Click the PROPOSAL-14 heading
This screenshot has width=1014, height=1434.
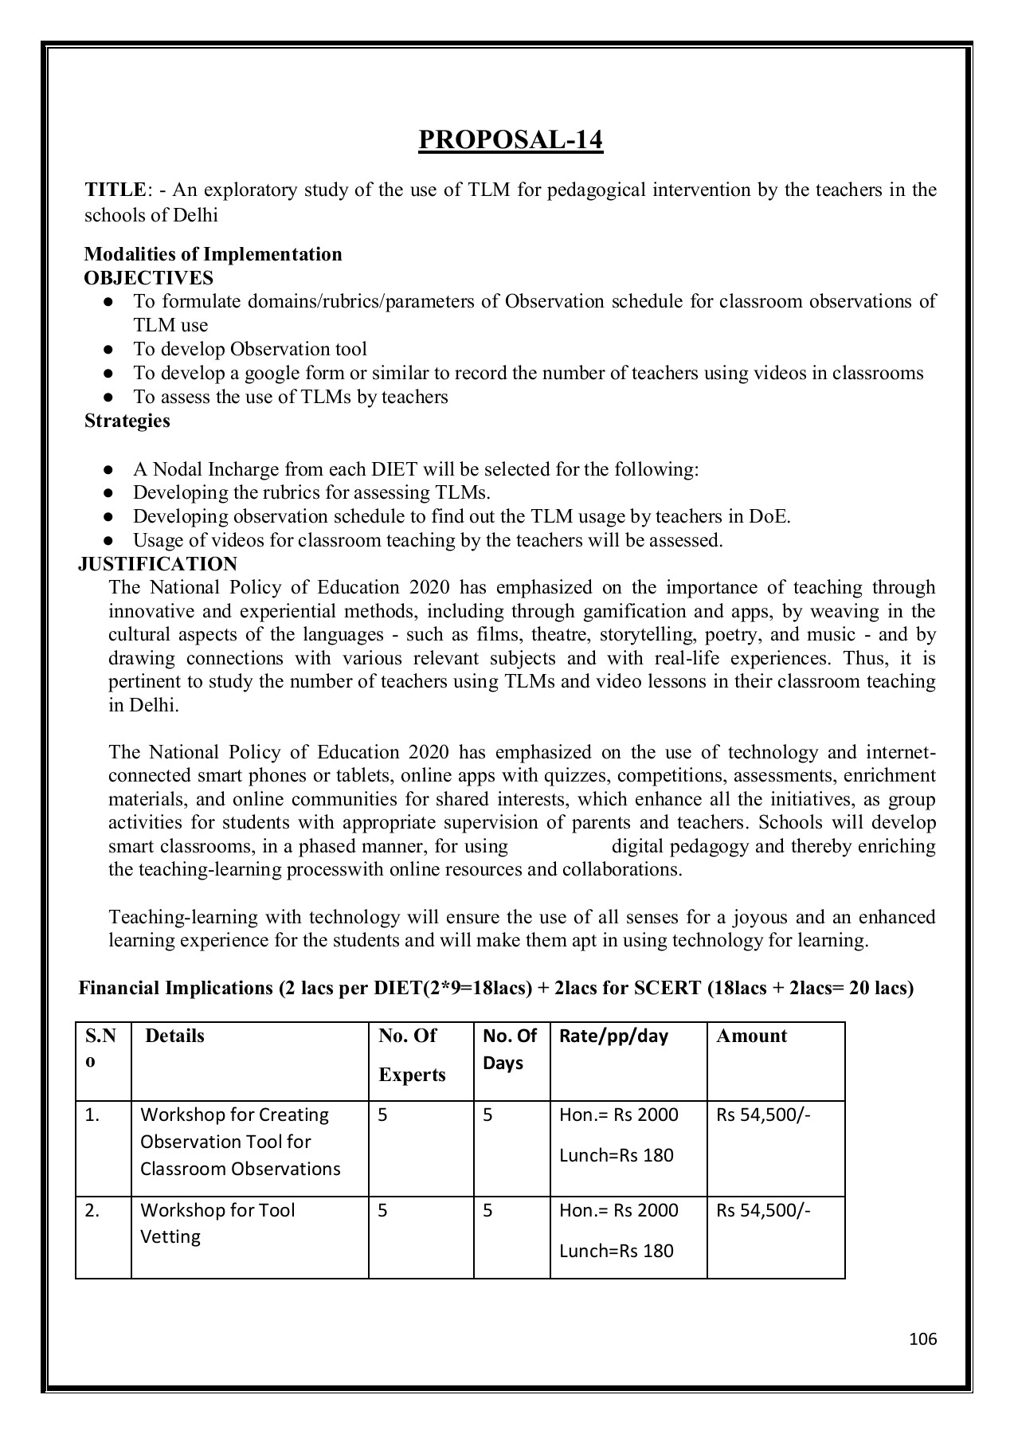click(x=511, y=139)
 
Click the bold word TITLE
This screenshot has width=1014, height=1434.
click(x=115, y=190)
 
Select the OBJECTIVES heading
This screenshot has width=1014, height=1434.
click(x=148, y=278)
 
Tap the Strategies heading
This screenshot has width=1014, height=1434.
click(x=127, y=421)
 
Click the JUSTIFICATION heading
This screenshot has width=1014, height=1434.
click(x=158, y=564)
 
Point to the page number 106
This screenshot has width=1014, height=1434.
click(x=922, y=1338)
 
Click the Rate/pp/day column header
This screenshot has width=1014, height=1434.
click(x=613, y=1036)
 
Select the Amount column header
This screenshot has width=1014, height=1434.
click(x=751, y=1036)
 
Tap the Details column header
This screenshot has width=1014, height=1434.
click(x=174, y=1036)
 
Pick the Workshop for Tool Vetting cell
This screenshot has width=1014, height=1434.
click(x=217, y=1223)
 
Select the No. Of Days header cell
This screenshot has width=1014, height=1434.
click(x=510, y=1049)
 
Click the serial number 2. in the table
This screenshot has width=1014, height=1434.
click(x=92, y=1210)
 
